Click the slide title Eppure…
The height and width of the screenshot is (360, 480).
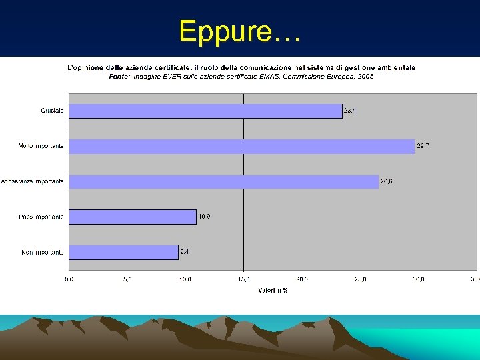(x=240, y=31)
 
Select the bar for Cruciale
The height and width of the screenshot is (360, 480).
(x=205, y=111)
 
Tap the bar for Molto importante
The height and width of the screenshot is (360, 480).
(x=241, y=146)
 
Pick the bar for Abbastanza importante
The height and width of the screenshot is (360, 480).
(x=223, y=181)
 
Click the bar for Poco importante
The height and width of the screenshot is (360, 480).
(x=133, y=217)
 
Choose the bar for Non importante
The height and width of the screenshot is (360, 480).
(x=123, y=252)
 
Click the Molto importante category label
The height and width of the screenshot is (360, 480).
(x=41, y=146)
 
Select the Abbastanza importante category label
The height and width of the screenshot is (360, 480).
(x=33, y=181)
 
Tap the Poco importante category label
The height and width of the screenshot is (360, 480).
(x=42, y=217)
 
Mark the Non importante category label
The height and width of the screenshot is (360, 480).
(x=43, y=252)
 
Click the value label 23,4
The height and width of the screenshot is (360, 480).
(x=350, y=111)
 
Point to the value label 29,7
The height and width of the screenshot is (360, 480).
(x=423, y=146)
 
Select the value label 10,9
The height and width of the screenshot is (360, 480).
(x=205, y=217)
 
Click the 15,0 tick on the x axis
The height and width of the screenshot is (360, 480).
(x=243, y=279)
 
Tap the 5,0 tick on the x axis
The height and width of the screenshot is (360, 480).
(x=127, y=279)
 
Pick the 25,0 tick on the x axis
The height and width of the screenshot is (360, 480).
(x=360, y=279)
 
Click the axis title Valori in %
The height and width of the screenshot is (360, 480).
(x=273, y=290)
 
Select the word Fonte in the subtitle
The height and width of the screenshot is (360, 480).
(x=119, y=77)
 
